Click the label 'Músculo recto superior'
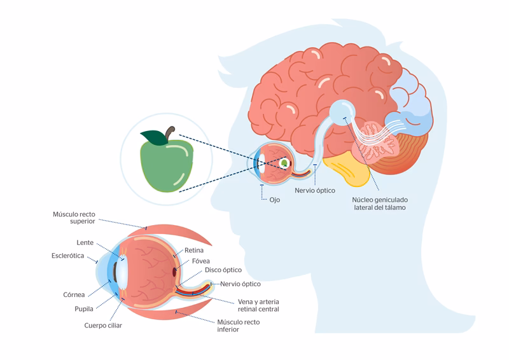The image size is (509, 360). tap(74, 218)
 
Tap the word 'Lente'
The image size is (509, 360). tap(85, 243)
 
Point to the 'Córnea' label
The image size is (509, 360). tap(74, 294)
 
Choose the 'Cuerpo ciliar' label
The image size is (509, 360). tap(103, 325)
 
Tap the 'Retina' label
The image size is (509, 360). tap(194, 250)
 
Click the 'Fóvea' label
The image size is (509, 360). tap(200, 261)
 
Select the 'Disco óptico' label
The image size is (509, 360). tap(223, 270)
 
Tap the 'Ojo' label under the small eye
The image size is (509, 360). tap(274, 199)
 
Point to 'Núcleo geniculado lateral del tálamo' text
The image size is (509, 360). tap(379, 203)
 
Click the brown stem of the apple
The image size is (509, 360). tap(170, 133)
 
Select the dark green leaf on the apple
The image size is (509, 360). tap(153, 137)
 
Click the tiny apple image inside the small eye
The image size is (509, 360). tap(283, 163)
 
